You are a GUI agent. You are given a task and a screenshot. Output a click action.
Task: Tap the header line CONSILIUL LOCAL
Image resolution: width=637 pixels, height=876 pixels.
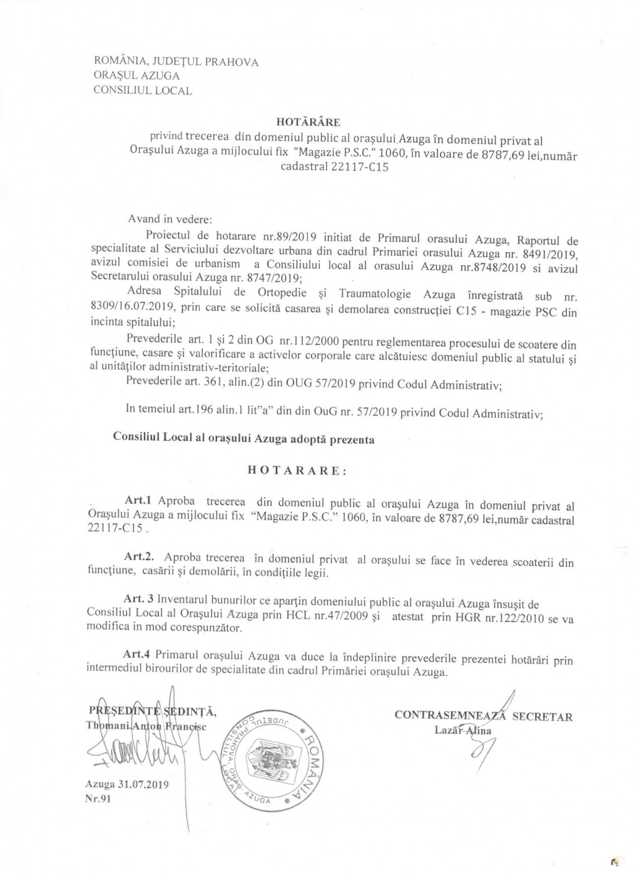tap(142, 90)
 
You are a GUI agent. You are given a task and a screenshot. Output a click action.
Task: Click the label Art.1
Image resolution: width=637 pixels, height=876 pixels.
tap(138, 501)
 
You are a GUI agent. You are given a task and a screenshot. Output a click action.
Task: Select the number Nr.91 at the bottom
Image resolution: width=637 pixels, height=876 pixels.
tap(95, 800)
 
